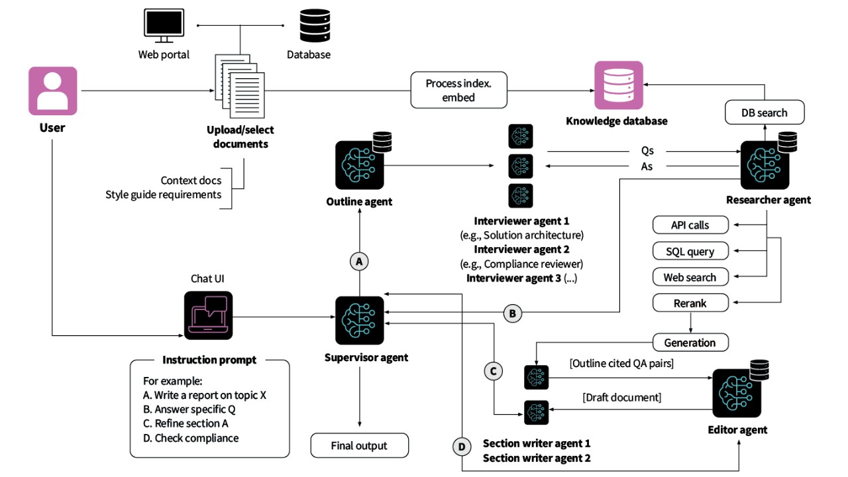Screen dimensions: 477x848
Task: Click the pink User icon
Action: (52, 91)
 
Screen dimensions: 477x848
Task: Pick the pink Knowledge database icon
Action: (618, 85)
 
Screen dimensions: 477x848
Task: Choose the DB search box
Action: (764, 113)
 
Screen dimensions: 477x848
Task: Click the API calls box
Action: (690, 225)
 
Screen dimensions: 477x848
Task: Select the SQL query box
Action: (690, 251)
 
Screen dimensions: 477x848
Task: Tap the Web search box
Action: (690, 277)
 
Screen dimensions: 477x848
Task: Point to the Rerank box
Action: (690, 303)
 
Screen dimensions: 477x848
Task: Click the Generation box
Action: (690, 343)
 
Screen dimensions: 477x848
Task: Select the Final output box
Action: (359, 445)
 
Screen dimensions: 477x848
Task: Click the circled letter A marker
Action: (359, 262)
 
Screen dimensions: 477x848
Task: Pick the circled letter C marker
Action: (492, 371)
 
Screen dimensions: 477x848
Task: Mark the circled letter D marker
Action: (462, 447)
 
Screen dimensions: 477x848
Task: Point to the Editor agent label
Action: (737, 430)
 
